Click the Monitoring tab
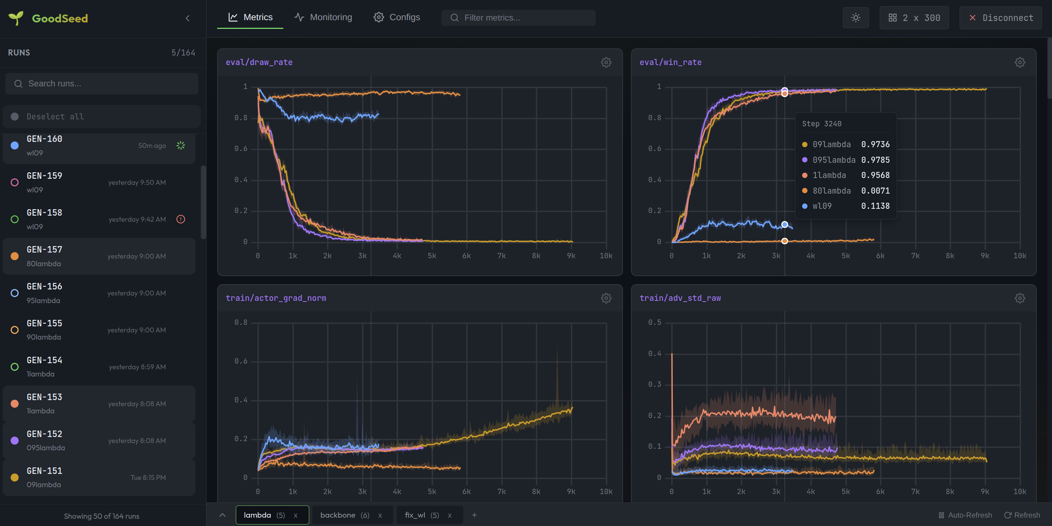pos(323,17)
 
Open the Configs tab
pos(397,17)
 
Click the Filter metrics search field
pos(519,18)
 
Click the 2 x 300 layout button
pos(914,18)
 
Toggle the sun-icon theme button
pos(856,18)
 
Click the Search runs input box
pos(102,84)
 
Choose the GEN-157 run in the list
pos(98,256)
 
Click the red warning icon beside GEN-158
pos(181,219)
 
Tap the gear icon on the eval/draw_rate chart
pos(606,62)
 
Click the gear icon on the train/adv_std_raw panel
pos(1020,298)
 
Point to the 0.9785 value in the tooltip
pos(875,160)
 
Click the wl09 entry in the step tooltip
pos(822,206)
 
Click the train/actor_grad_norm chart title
pos(276,298)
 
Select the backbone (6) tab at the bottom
pos(345,515)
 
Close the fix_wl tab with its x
pos(450,515)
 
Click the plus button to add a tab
pos(474,515)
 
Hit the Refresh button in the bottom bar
pos(1022,515)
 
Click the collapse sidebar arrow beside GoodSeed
pos(188,18)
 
